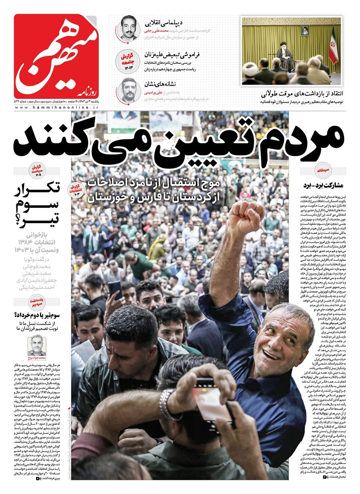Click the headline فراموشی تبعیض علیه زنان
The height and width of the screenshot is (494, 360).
172,54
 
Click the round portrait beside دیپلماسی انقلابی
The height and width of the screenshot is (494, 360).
128,28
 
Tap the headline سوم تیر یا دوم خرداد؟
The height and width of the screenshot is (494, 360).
36,315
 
